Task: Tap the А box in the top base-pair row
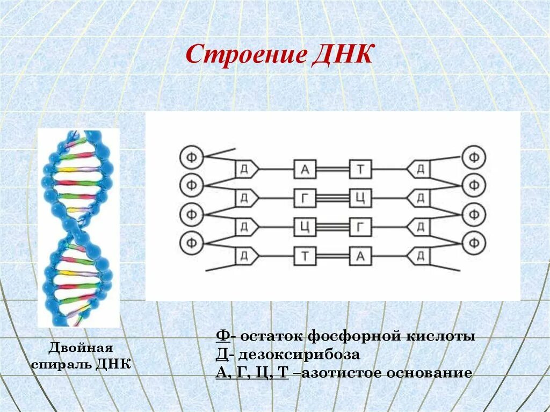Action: tap(305, 170)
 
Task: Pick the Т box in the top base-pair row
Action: tap(361, 170)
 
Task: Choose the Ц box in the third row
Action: tap(305, 227)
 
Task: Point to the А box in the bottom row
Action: tap(361, 256)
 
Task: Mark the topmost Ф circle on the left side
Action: tap(191, 157)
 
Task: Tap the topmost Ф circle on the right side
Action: tap(474, 157)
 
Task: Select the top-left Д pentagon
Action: tap(245, 170)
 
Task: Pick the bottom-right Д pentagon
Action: tap(419, 256)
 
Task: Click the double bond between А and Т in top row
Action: tap(333, 170)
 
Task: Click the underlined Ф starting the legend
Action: tap(222, 337)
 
